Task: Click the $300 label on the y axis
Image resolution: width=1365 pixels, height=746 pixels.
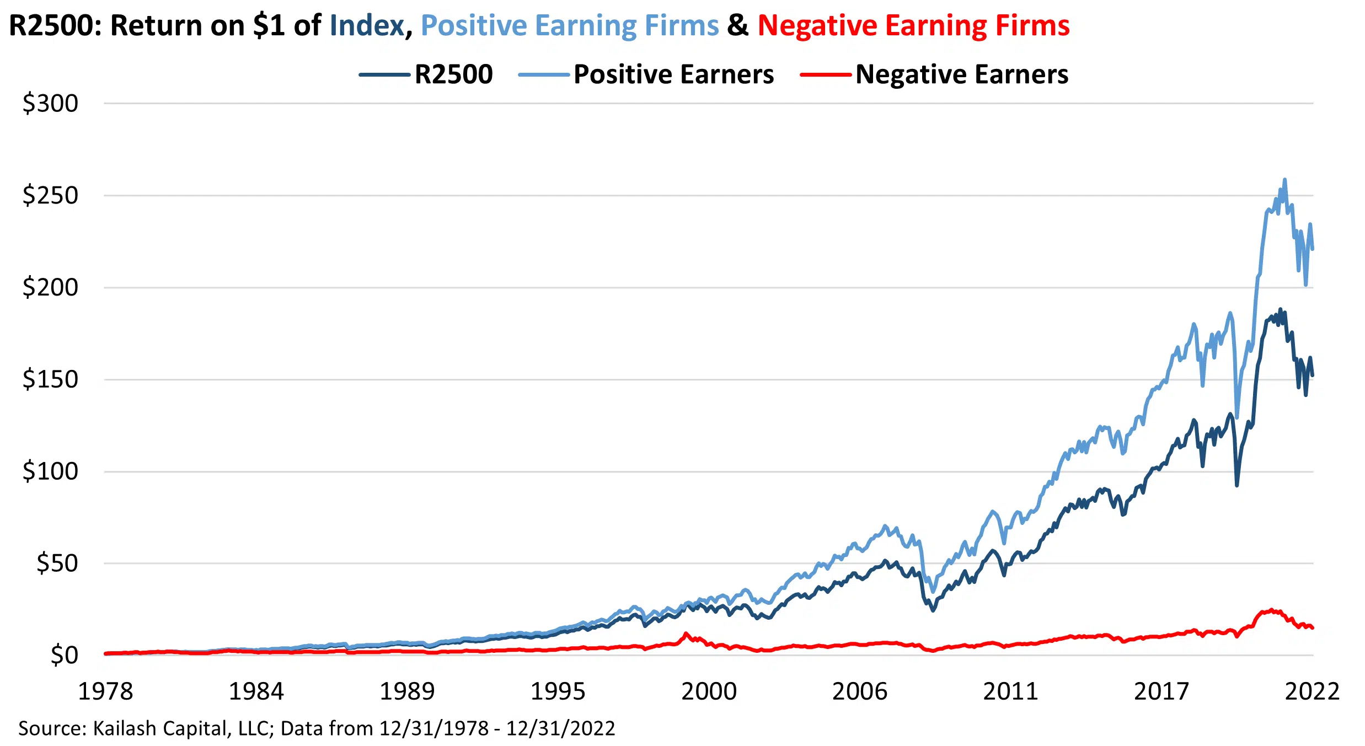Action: click(50, 104)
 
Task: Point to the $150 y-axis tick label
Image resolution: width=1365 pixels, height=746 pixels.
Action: click(50, 379)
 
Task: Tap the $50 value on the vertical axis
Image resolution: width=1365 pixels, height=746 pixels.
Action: click(57, 563)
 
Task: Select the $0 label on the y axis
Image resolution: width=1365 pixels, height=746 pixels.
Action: click(64, 656)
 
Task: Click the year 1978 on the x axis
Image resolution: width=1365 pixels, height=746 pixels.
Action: click(105, 691)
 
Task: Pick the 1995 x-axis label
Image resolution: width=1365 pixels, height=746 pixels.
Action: click(558, 691)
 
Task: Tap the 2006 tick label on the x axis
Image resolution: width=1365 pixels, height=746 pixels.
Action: click(859, 691)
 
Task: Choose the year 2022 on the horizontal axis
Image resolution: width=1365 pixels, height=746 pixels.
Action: click(1312, 691)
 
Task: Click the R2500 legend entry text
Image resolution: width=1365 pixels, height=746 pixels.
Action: click(453, 74)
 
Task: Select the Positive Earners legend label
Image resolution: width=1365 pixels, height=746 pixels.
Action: click(673, 74)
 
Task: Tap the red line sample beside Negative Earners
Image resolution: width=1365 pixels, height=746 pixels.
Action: click(825, 75)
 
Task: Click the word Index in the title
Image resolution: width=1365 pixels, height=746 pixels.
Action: click(367, 25)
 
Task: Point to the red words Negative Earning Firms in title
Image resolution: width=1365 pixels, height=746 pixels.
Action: click(913, 25)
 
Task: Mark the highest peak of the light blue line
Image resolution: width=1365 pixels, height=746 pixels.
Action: click(1284, 180)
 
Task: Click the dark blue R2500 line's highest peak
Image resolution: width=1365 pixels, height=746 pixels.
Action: click(1280, 309)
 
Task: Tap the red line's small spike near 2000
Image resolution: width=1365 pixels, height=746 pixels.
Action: click(686, 634)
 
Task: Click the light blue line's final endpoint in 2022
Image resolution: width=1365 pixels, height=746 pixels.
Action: click(1313, 249)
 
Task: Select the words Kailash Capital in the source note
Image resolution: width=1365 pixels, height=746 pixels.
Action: click(160, 728)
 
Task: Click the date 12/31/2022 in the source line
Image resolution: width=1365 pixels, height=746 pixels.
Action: click(560, 728)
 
